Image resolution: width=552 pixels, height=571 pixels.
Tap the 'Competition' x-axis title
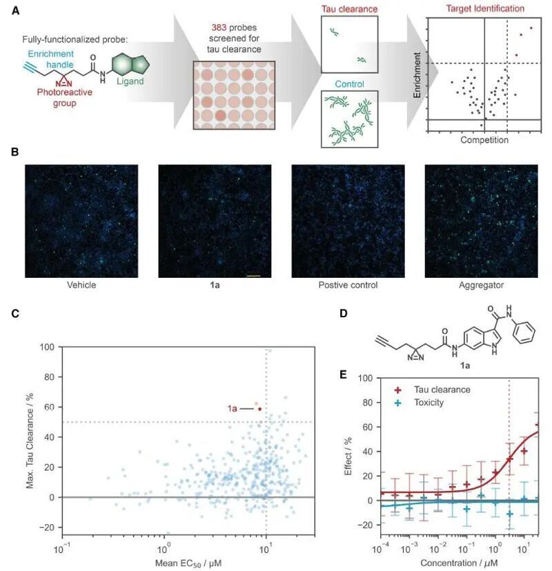click(x=484, y=140)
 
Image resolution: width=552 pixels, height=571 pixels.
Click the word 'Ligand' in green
click(x=130, y=81)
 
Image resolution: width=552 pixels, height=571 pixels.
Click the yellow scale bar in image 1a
click(x=253, y=275)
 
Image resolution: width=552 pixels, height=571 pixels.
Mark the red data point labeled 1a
click(x=260, y=409)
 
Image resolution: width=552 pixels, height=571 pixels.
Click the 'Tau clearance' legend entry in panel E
click(x=442, y=390)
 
